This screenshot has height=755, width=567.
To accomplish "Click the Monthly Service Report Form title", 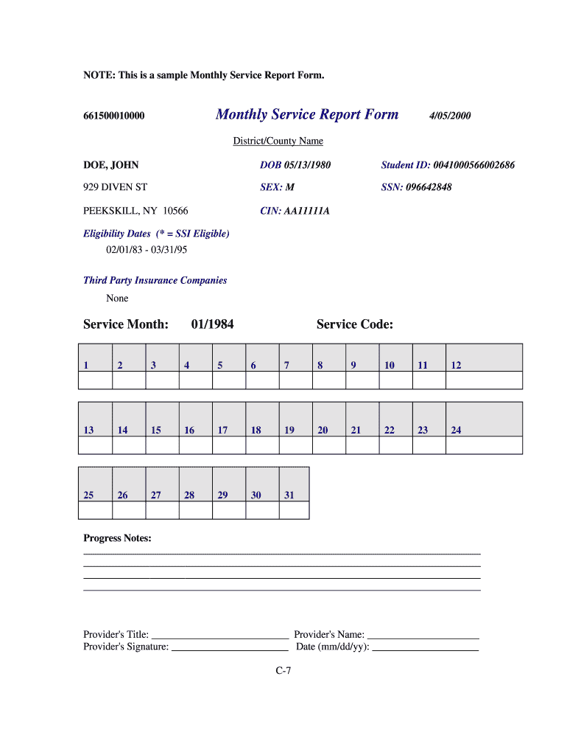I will (x=306, y=114).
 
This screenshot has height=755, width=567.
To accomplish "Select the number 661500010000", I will (x=113, y=116).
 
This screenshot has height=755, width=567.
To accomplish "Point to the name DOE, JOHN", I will (x=110, y=165).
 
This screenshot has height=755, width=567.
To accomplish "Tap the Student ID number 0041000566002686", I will (x=474, y=165).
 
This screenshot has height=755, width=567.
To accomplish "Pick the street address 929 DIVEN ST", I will (x=115, y=187).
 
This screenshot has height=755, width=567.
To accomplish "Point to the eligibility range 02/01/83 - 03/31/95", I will (x=147, y=251).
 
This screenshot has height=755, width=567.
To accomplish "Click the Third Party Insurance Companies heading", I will (x=155, y=280).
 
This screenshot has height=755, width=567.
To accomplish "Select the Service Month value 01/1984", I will (x=212, y=324).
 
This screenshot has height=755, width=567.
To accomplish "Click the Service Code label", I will (x=354, y=324).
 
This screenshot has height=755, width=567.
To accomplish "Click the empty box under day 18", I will (x=262, y=445).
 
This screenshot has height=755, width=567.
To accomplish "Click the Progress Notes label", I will (x=117, y=538).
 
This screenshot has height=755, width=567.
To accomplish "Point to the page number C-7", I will (x=283, y=671).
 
